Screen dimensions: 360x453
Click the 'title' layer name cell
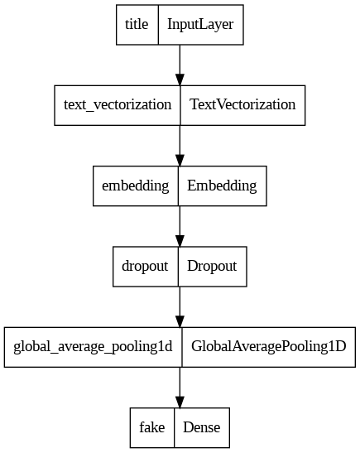137,25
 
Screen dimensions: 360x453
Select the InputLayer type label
200,25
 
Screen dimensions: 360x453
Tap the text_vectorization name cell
118,105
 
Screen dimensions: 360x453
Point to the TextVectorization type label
242,105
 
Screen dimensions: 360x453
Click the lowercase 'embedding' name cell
136,186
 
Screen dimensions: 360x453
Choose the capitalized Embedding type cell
223,186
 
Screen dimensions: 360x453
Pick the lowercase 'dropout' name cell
146,267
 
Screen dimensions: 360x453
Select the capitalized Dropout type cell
213,267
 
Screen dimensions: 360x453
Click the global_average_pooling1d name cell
94,347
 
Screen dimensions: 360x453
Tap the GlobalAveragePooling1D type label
269,347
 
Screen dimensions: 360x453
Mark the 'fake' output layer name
152,427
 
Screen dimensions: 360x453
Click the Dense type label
202,427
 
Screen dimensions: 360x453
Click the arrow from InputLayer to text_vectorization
180,65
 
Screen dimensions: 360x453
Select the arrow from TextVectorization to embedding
180,146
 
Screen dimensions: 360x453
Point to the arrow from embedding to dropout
180,226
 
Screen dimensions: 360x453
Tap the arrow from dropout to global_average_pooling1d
180,306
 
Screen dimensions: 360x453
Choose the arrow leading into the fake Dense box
180,388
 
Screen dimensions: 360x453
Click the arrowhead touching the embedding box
180,161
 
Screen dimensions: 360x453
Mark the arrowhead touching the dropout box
180,241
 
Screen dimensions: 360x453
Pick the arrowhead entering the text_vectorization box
180,80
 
